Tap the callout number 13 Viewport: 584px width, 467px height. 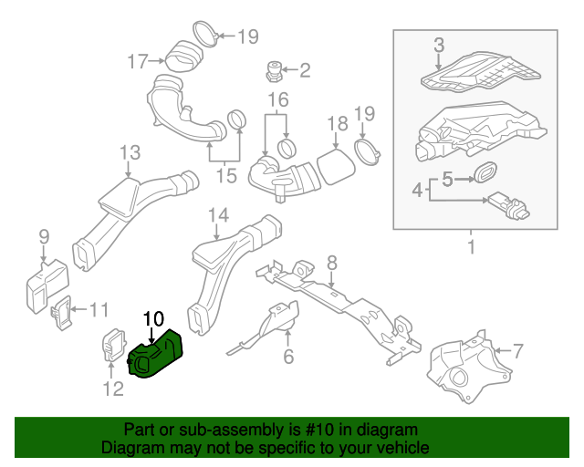130,152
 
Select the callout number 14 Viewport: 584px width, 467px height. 217,215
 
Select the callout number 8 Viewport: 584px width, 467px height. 332,263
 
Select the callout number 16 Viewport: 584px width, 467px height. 277,99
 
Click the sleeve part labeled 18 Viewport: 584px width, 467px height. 334,166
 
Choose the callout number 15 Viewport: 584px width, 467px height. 224,174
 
